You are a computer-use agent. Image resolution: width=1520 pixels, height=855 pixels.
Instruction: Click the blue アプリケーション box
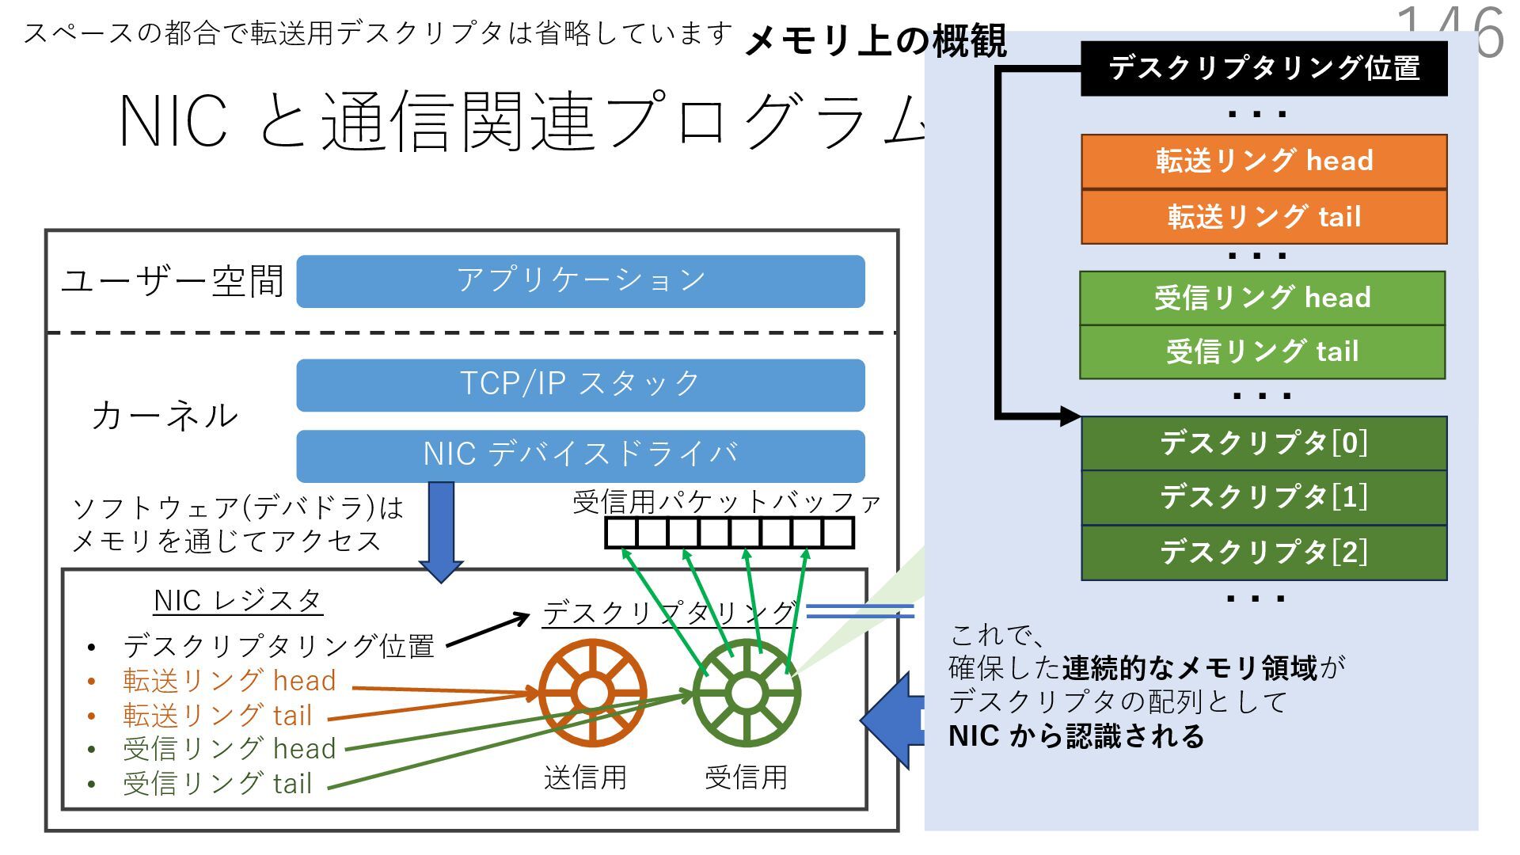pyautogui.click(x=580, y=281)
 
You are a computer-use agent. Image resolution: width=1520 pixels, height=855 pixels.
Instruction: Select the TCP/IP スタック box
pyautogui.click(x=580, y=385)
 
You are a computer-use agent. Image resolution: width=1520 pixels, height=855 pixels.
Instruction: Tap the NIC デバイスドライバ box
pyautogui.click(x=580, y=455)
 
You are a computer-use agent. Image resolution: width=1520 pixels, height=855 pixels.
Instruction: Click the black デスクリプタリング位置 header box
pyautogui.click(x=1263, y=69)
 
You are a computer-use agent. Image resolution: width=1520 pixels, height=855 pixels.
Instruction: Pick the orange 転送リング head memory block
pyautogui.click(x=1263, y=161)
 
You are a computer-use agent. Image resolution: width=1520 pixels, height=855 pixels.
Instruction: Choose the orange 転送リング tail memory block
pyautogui.click(x=1263, y=216)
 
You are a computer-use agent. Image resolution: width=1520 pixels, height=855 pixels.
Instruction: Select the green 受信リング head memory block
pyautogui.click(x=1262, y=298)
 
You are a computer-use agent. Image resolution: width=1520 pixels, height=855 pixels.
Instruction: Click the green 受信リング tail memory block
pyautogui.click(x=1262, y=351)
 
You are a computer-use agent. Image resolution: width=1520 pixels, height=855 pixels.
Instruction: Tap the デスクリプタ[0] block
pyautogui.click(x=1263, y=443)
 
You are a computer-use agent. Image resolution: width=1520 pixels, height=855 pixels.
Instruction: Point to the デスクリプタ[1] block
pyautogui.click(x=1263, y=498)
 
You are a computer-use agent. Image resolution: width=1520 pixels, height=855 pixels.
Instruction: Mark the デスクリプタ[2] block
pyautogui.click(x=1263, y=553)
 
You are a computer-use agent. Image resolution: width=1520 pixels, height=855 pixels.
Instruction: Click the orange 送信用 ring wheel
pyautogui.click(x=592, y=693)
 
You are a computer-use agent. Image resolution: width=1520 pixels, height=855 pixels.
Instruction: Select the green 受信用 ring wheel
pyautogui.click(x=746, y=693)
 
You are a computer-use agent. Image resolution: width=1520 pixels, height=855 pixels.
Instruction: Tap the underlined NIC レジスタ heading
pyautogui.click(x=237, y=601)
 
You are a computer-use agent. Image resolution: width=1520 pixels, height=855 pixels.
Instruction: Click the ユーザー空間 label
pyautogui.click(x=173, y=281)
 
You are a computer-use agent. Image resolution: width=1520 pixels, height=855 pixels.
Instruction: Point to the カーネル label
pyautogui.click(x=165, y=416)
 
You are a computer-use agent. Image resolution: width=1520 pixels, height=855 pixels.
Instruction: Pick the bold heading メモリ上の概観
pyautogui.click(x=876, y=41)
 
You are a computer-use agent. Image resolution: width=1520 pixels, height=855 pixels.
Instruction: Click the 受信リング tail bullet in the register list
pyautogui.click(x=217, y=784)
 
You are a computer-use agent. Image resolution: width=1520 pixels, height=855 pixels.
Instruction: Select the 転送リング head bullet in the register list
pyautogui.click(x=229, y=681)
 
